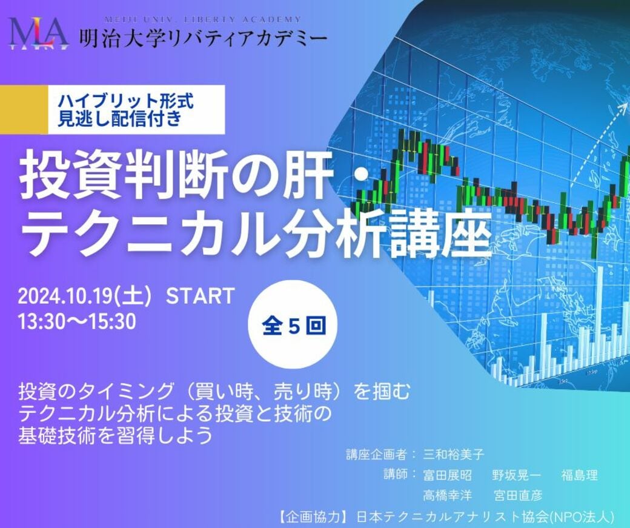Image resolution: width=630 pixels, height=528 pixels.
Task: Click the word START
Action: tap(200, 296)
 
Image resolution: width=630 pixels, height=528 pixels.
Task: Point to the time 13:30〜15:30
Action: tap(77, 321)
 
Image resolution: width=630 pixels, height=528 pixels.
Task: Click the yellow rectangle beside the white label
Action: tap(24, 110)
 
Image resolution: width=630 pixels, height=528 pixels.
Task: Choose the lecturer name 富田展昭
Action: tap(448, 475)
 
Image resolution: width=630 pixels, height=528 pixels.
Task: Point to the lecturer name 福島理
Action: tap(579, 475)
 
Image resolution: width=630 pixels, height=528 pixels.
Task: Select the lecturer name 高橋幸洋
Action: tap(448, 496)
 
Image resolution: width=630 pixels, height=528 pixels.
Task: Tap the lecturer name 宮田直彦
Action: tap(517, 496)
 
